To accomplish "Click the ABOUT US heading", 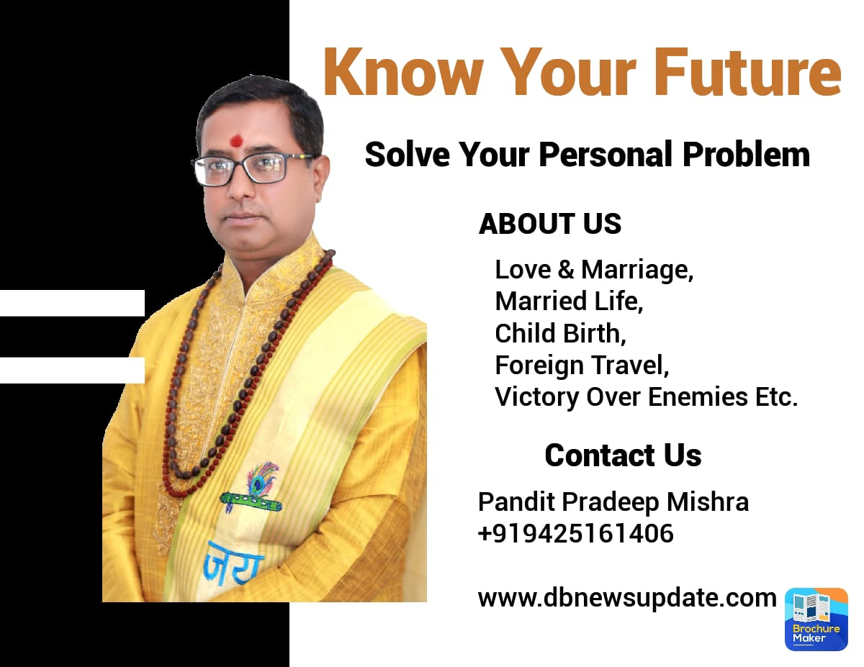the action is tap(550, 223).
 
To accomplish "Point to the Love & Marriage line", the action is tap(594, 270).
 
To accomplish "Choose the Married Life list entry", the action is tap(569, 301).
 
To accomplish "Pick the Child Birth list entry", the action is tap(560, 333).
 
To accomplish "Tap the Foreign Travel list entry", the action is tap(582, 366).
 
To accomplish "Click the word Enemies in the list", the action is tap(698, 397).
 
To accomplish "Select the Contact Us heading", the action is tap(623, 455).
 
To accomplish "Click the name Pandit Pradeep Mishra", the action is tap(613, 502).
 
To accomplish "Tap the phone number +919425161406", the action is tap(576, 533).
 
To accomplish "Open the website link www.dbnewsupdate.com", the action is tap(627, 598).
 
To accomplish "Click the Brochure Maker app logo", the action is tap(816, 619).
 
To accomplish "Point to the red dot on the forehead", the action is tap(237, 140).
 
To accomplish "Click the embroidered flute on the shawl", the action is tap(251, 502).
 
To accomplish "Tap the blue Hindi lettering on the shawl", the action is tap(233, 563).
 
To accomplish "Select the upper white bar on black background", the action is tap(72, 303).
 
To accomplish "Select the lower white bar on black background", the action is tap(72, 371).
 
